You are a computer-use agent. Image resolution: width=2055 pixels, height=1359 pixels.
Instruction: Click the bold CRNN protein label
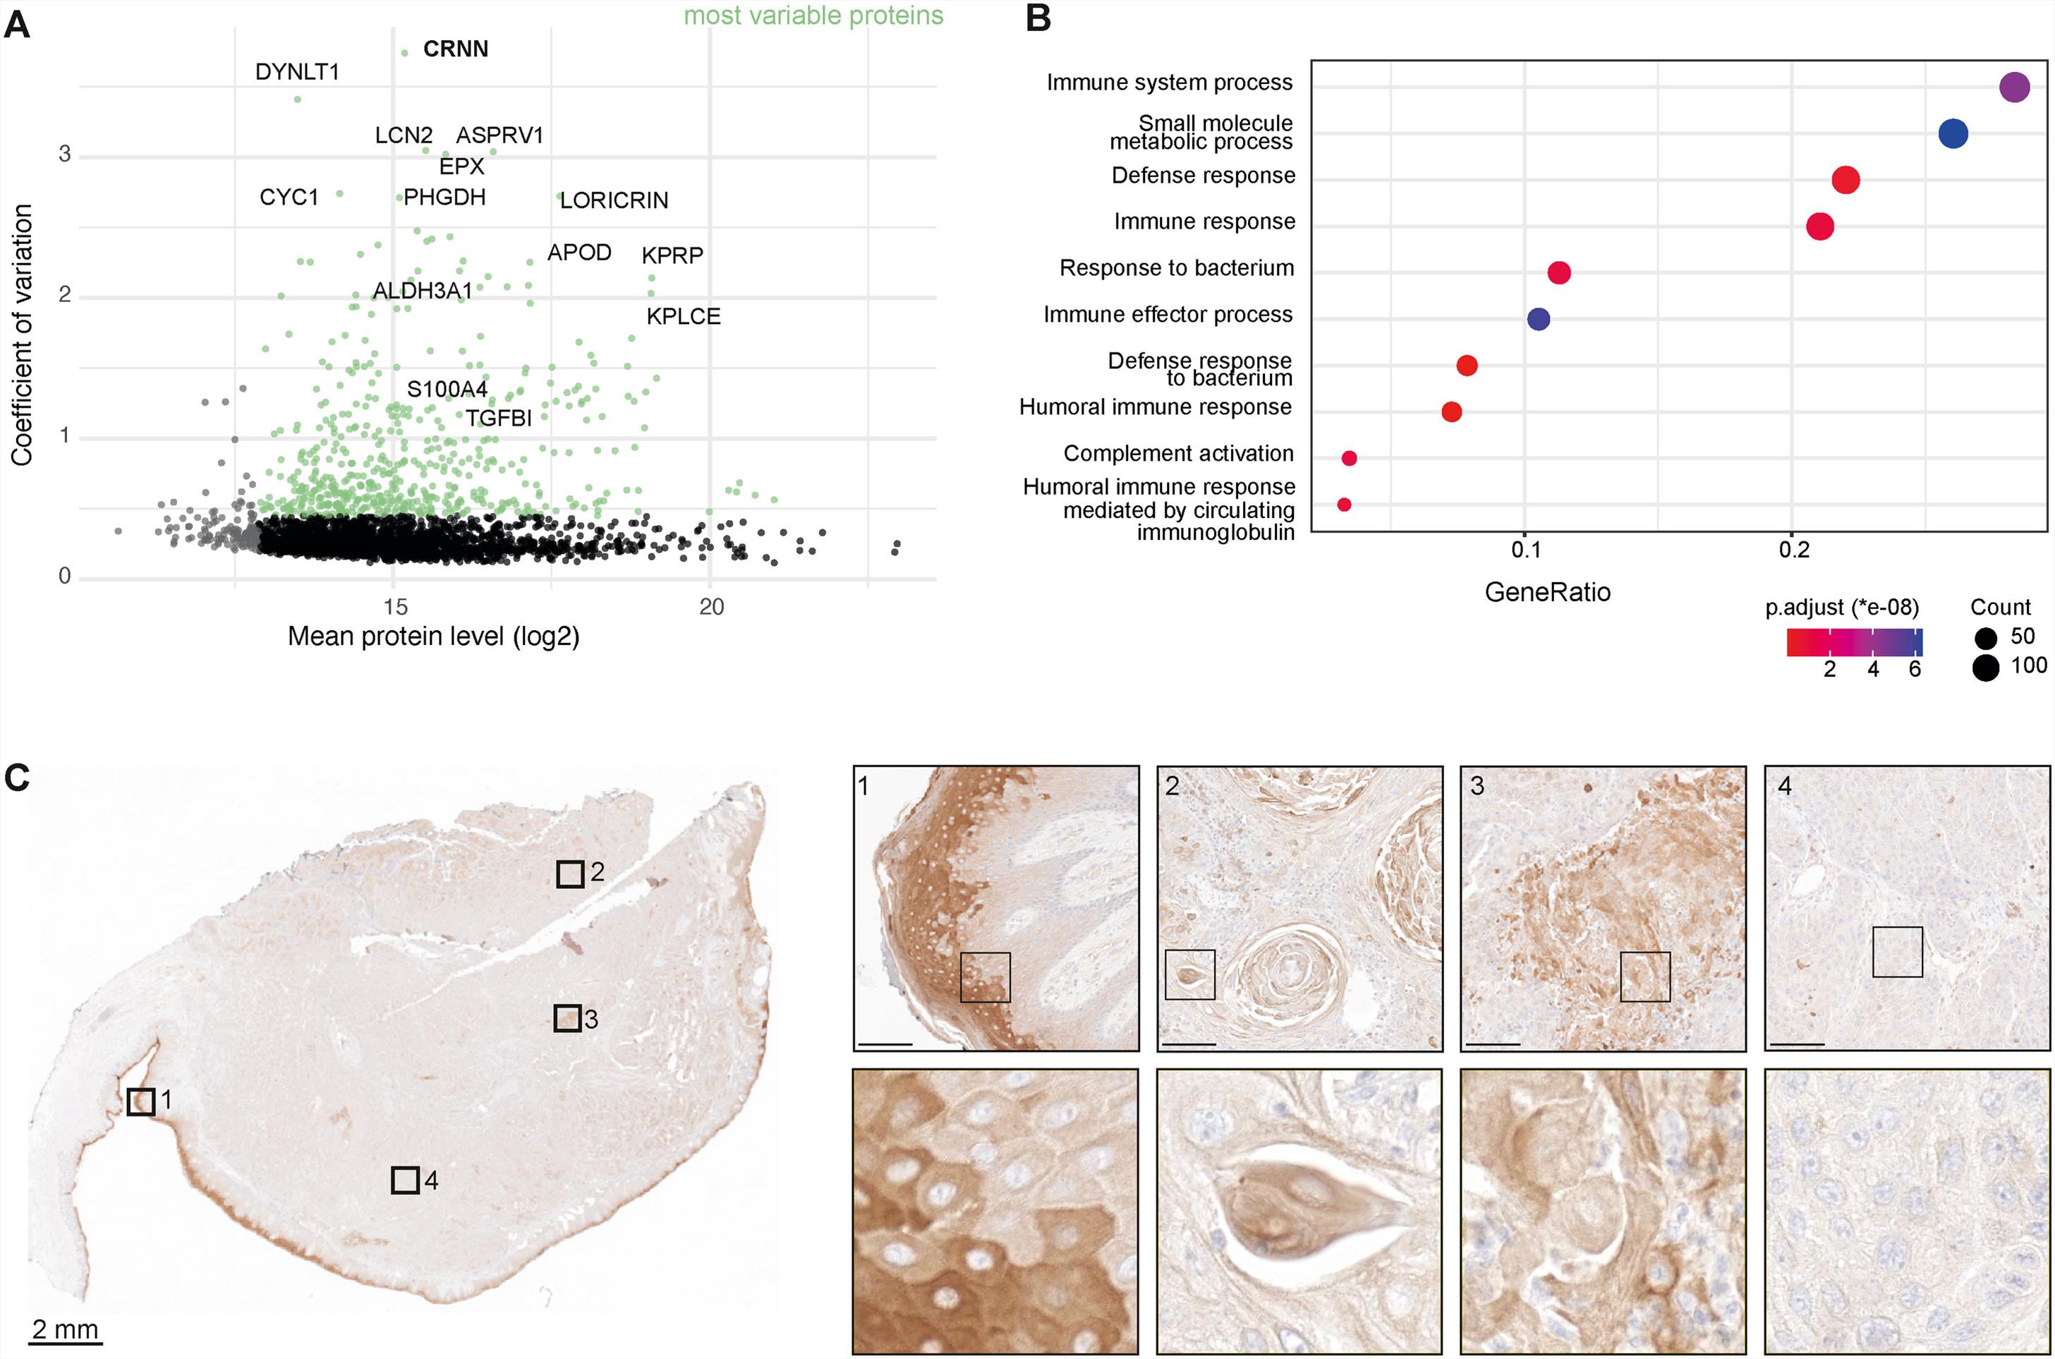(455, 49)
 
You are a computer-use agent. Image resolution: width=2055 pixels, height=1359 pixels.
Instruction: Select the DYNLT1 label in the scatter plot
(297, 72)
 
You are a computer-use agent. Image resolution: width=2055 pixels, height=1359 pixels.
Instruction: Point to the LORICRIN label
(614, 200)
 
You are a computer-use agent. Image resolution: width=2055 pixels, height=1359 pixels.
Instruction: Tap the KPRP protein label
(672, 255)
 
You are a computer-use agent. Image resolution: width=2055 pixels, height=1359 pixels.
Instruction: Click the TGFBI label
(498, 418)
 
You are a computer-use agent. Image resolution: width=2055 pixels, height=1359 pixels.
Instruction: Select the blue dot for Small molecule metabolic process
(1953, 133)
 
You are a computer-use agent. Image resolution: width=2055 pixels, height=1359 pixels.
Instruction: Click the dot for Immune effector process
(1538, 319)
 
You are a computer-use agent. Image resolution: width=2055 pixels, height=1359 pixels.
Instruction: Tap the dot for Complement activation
(1349, 459)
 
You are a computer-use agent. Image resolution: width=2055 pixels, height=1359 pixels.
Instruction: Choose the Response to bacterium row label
(1177, 268)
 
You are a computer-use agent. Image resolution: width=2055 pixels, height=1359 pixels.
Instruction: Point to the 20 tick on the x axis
(710, 607)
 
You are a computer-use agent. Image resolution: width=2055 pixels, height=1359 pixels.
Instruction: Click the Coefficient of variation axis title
(22, 334)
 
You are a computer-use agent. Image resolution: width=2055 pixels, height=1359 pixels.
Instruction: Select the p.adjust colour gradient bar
(1854, 642)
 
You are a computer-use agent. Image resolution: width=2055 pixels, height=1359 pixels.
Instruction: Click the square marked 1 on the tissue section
(141, 1101)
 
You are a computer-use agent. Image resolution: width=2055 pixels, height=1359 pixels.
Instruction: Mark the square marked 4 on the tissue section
(406, 1180)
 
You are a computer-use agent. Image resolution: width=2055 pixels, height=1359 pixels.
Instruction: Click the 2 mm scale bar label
(66, 1329)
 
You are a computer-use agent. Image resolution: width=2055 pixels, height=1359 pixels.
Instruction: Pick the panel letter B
(1038, 19)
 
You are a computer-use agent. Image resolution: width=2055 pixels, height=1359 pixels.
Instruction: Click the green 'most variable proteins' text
(813, 16)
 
